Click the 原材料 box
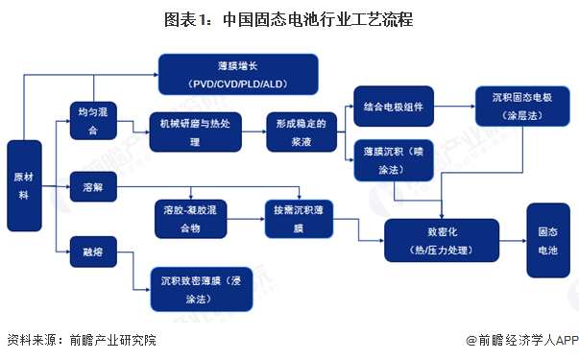click(26, 182)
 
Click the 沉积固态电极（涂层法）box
click(517, 107)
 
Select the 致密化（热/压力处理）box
click(442, 241)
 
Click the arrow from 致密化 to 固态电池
click(513, 240)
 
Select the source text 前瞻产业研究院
click(106, 340)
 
